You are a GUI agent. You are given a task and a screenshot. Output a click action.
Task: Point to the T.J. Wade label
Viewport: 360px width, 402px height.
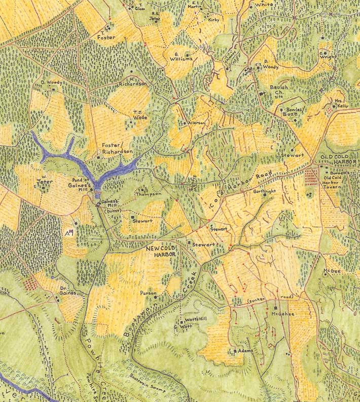[140, 116]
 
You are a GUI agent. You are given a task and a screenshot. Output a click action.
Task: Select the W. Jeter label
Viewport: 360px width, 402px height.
[45, 178]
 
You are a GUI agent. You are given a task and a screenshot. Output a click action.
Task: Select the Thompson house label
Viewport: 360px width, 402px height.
[149, 194]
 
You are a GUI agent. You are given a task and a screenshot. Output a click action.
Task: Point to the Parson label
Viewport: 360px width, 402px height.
[148, 293]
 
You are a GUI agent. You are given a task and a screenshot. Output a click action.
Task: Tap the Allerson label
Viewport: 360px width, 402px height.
[197, 123]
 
